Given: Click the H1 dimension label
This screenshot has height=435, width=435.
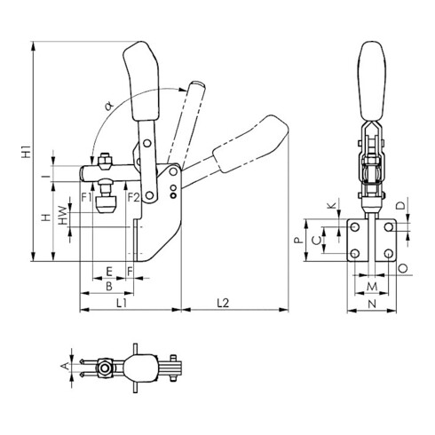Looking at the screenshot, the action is (27, 151).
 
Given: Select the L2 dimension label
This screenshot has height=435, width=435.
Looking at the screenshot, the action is (223, 303).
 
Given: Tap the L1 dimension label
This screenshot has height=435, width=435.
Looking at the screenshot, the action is (122, 303).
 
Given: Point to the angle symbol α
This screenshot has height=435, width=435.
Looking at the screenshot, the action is (109, 106).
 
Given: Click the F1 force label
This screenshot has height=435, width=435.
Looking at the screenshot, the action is (87, 197).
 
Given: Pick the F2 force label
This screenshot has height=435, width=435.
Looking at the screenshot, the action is (133, 197).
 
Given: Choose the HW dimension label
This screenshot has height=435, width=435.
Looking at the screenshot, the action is (63, 215).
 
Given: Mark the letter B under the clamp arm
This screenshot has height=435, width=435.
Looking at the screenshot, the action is (109, 286).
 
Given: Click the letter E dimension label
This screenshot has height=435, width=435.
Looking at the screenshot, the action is (109, 271).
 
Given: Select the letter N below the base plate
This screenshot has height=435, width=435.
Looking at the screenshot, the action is (372, 304).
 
